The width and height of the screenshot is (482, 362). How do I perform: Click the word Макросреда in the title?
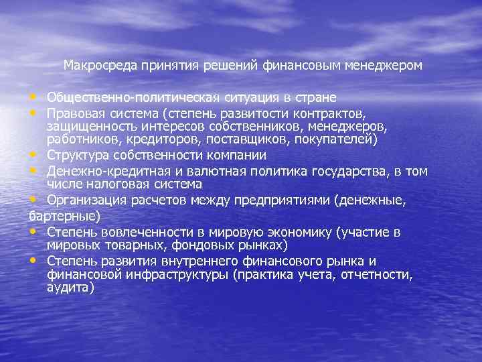click(100, 66)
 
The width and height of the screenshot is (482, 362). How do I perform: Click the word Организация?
click(85, 199)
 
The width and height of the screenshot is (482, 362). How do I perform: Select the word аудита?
click(69, 287)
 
